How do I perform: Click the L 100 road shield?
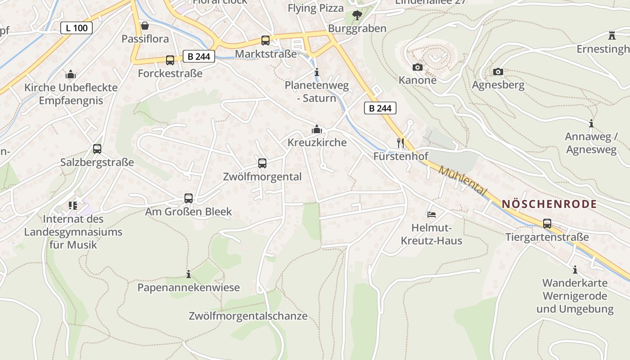tap(76, 28)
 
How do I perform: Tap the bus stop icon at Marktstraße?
tap(265, 40)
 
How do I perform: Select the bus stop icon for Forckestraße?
tap(170, 60)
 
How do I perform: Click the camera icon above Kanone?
tap(418, 67)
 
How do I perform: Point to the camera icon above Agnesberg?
tap(498, 72)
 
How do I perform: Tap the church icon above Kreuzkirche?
tap(317, 130)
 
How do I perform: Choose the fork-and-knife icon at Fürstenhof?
tap(400, 143)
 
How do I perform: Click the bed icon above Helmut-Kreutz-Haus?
tap(432, 215)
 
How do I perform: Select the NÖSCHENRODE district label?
tap(549, 204)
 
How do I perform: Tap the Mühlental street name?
tap(463, 181)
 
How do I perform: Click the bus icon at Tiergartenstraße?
tap(547, 224)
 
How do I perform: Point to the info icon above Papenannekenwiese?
tap(189, 274)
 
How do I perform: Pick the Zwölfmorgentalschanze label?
tap(248, 316)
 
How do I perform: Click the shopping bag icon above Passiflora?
tap(145, 26)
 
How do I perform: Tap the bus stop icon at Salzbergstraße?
tap(97, 149)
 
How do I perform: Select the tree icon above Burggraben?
tap(357, 15)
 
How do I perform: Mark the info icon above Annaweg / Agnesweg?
tap(591, 123)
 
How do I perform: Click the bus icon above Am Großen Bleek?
tap(189, 198)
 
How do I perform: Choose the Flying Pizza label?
tap(315, 8)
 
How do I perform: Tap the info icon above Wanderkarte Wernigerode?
tap(575, 270)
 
